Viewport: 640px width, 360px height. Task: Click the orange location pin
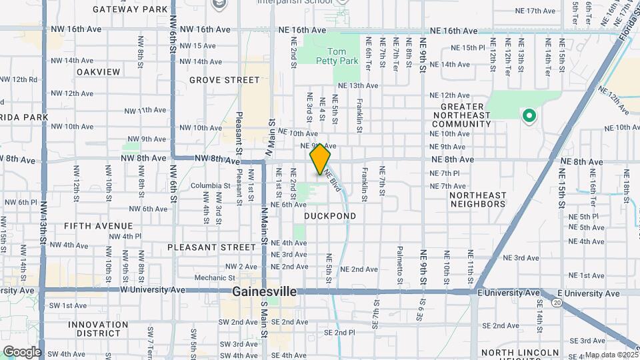pyautogui.click(x=321, y=159)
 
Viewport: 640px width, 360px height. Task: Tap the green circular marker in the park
pyautogui.click(x=529, y=117)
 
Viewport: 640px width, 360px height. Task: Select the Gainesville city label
pyautogui.click(x=264, y=292)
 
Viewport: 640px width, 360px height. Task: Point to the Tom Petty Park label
pyautogui.click(x=343, y=56)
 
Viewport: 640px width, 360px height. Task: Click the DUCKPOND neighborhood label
pyautogui.click(x=330, y=216)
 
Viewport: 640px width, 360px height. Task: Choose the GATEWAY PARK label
pyautogui.click(x=130, y=9)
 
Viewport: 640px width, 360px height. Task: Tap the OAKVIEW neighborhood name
pyautogui.click(x=98, y=71)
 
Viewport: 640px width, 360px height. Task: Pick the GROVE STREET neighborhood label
pyautogui.click(x=224, y=80)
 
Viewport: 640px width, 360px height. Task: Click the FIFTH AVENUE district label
pyautogui.click(x=98, y=226)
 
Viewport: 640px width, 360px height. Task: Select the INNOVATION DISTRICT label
pyautogui.click(x=98, y=329)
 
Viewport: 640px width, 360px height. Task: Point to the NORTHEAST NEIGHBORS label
pyautogui.click(x=477, y=199)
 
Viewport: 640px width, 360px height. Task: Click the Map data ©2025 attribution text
pyautogui.click(x=611, y=355)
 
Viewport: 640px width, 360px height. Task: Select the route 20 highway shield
pyautogui.click(x=556, y=303)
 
